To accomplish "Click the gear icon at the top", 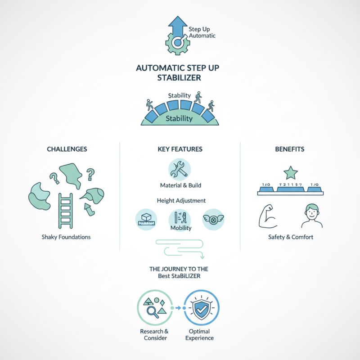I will [177, 43].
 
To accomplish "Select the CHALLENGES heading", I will [67, 149].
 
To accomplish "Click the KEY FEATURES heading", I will [180, 149].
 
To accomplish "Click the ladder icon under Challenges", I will [66, 211].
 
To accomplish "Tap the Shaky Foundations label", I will [67, 237].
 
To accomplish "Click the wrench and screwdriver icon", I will [179, 170].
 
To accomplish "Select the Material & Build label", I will [180, 185].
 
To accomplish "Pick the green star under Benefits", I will [290, 172].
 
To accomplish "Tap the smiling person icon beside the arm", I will [311, 216].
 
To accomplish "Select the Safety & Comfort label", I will [290, 237].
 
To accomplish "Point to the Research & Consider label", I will [154, 335].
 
